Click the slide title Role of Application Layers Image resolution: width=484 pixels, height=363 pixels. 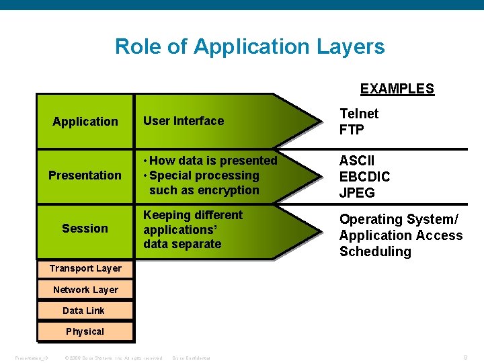coord(249,47)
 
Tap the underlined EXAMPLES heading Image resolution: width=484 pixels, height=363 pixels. coord(397,89)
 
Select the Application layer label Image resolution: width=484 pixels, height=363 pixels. coord(85,122)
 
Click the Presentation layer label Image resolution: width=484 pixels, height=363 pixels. coord(85,175)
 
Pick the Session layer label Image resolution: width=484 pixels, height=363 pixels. coord(85,229)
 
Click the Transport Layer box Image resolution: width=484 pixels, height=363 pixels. coord(85,268)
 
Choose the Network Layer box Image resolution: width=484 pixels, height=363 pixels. coord(85,290)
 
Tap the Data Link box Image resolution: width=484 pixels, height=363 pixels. coord(84,311)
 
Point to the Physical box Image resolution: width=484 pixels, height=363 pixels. coord(85,331)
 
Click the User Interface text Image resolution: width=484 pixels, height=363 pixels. coord(184,121)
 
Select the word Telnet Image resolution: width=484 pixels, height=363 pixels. coord(359,114)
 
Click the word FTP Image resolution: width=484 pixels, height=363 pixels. coord(352,130)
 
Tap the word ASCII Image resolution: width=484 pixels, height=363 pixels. coord(357,161)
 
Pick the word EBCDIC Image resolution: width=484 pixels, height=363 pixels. coord(364,177)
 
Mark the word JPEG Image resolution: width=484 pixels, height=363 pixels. coord(357,194)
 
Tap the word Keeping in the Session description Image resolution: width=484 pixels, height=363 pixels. coord(166,215)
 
